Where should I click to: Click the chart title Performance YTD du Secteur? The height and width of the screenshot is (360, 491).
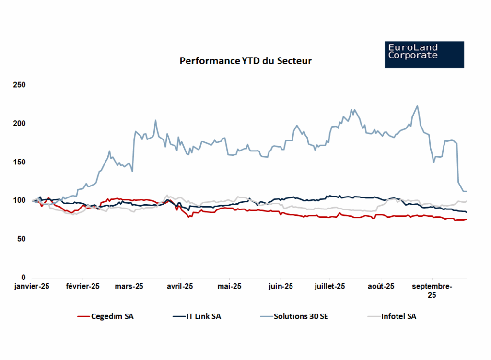click(x=245, y=61)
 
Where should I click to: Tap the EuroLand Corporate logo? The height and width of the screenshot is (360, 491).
click(x=424, y=54)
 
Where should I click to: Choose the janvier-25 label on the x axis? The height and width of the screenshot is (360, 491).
click(x=32, y=287)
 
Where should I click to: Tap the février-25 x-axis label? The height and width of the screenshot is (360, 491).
click(x=82, y=287)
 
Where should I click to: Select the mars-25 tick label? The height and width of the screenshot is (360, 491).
click(x=129, y=287)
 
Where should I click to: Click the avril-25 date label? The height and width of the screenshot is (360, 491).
click(x=179, y=287)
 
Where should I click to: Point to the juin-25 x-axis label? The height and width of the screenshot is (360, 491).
click(x=281, y=287)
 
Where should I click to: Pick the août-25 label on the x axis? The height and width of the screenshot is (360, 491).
click(x=381, y=287)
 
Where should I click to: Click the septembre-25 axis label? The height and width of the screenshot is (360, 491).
click(x=432, y=291)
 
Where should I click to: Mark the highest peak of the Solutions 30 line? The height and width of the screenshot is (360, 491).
click(x=417, y=106)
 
